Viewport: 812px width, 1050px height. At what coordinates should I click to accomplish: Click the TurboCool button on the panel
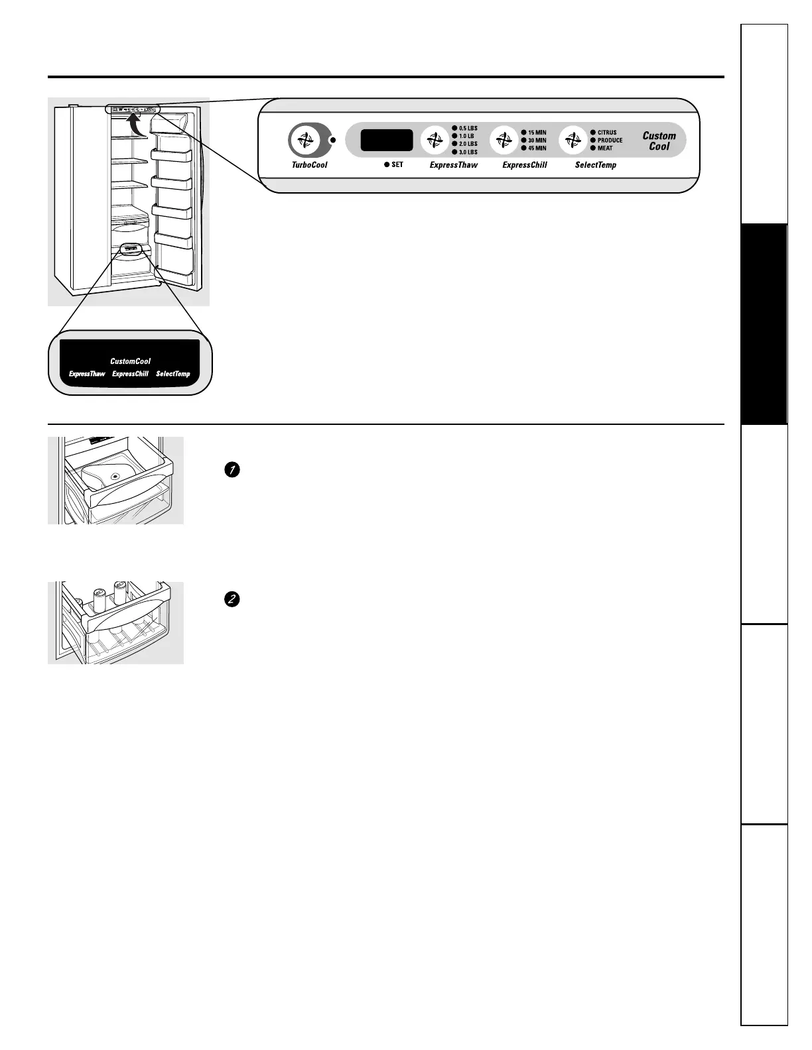tap(304, 141)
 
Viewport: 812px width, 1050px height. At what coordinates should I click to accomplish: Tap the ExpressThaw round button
tap(435, 141)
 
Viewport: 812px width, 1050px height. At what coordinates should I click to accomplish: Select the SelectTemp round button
tap(573, 141)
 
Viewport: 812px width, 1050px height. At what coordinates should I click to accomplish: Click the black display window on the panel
tap(386, 141)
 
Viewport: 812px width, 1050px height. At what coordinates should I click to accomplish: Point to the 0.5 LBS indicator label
tap(468, 129)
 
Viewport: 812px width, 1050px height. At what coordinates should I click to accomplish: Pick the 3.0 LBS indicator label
tap(468, 152)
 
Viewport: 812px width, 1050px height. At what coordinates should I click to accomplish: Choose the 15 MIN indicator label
tap(537, 133)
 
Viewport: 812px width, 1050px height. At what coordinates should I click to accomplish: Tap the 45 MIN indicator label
tap(537, 148)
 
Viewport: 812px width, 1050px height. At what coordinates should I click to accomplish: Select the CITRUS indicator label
tap(606, 133)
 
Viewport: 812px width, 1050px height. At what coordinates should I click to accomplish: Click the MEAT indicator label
tap(604, 148)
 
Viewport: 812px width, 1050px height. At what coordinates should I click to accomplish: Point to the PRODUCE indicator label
tap(610, 141)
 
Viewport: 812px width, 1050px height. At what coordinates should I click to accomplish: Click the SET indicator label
tap(397, 164)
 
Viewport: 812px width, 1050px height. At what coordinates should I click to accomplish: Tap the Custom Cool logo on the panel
tap(659, 141)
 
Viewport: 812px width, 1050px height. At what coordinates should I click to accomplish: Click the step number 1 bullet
tap(232, 470)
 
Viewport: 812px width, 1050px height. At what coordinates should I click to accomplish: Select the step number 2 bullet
tap(232, 599)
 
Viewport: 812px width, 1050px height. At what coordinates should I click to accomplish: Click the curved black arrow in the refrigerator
tap(135, 124)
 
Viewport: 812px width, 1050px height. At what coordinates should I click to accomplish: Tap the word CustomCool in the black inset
tap(130, 361)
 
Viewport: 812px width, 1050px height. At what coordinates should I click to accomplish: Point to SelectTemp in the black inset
tap(172, 374)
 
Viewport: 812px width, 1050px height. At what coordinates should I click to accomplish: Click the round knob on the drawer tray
tap(115, 476)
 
